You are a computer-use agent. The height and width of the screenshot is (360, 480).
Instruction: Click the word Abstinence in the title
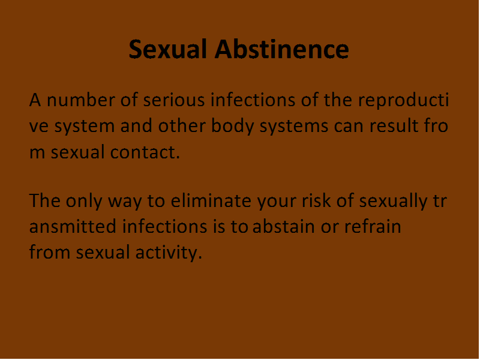pyautogui.click(x=281, y=49)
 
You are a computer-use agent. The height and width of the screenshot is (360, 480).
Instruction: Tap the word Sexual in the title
pyautogui.click(x=168, y=49)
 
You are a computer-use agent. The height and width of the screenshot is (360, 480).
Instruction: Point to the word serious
pyautogui.click(x=174, y=100)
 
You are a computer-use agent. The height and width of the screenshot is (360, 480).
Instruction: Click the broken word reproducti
pyautogui.click(x=403, y=100)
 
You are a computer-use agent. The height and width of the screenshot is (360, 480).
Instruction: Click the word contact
pyautogui.click(x=145, y=152)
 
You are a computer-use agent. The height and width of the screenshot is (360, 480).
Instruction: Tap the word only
pyautogui.click(x=84, y=202)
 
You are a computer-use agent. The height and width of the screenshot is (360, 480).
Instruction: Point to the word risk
pyautogui.click(x=317, y=201)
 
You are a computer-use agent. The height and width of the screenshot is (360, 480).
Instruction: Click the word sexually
pyautogui.click(x=393, y=202)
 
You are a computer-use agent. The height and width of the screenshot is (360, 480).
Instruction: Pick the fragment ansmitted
pyautogui.click(x=73, y=227)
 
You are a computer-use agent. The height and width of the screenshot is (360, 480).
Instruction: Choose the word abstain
pyautogui.click(x=284, y=227)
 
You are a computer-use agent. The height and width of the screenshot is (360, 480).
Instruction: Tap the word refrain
pyautogui.click(x=373, y=227)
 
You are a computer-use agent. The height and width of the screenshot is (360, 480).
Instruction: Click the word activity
pyautogui.click(x=169, y=253)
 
